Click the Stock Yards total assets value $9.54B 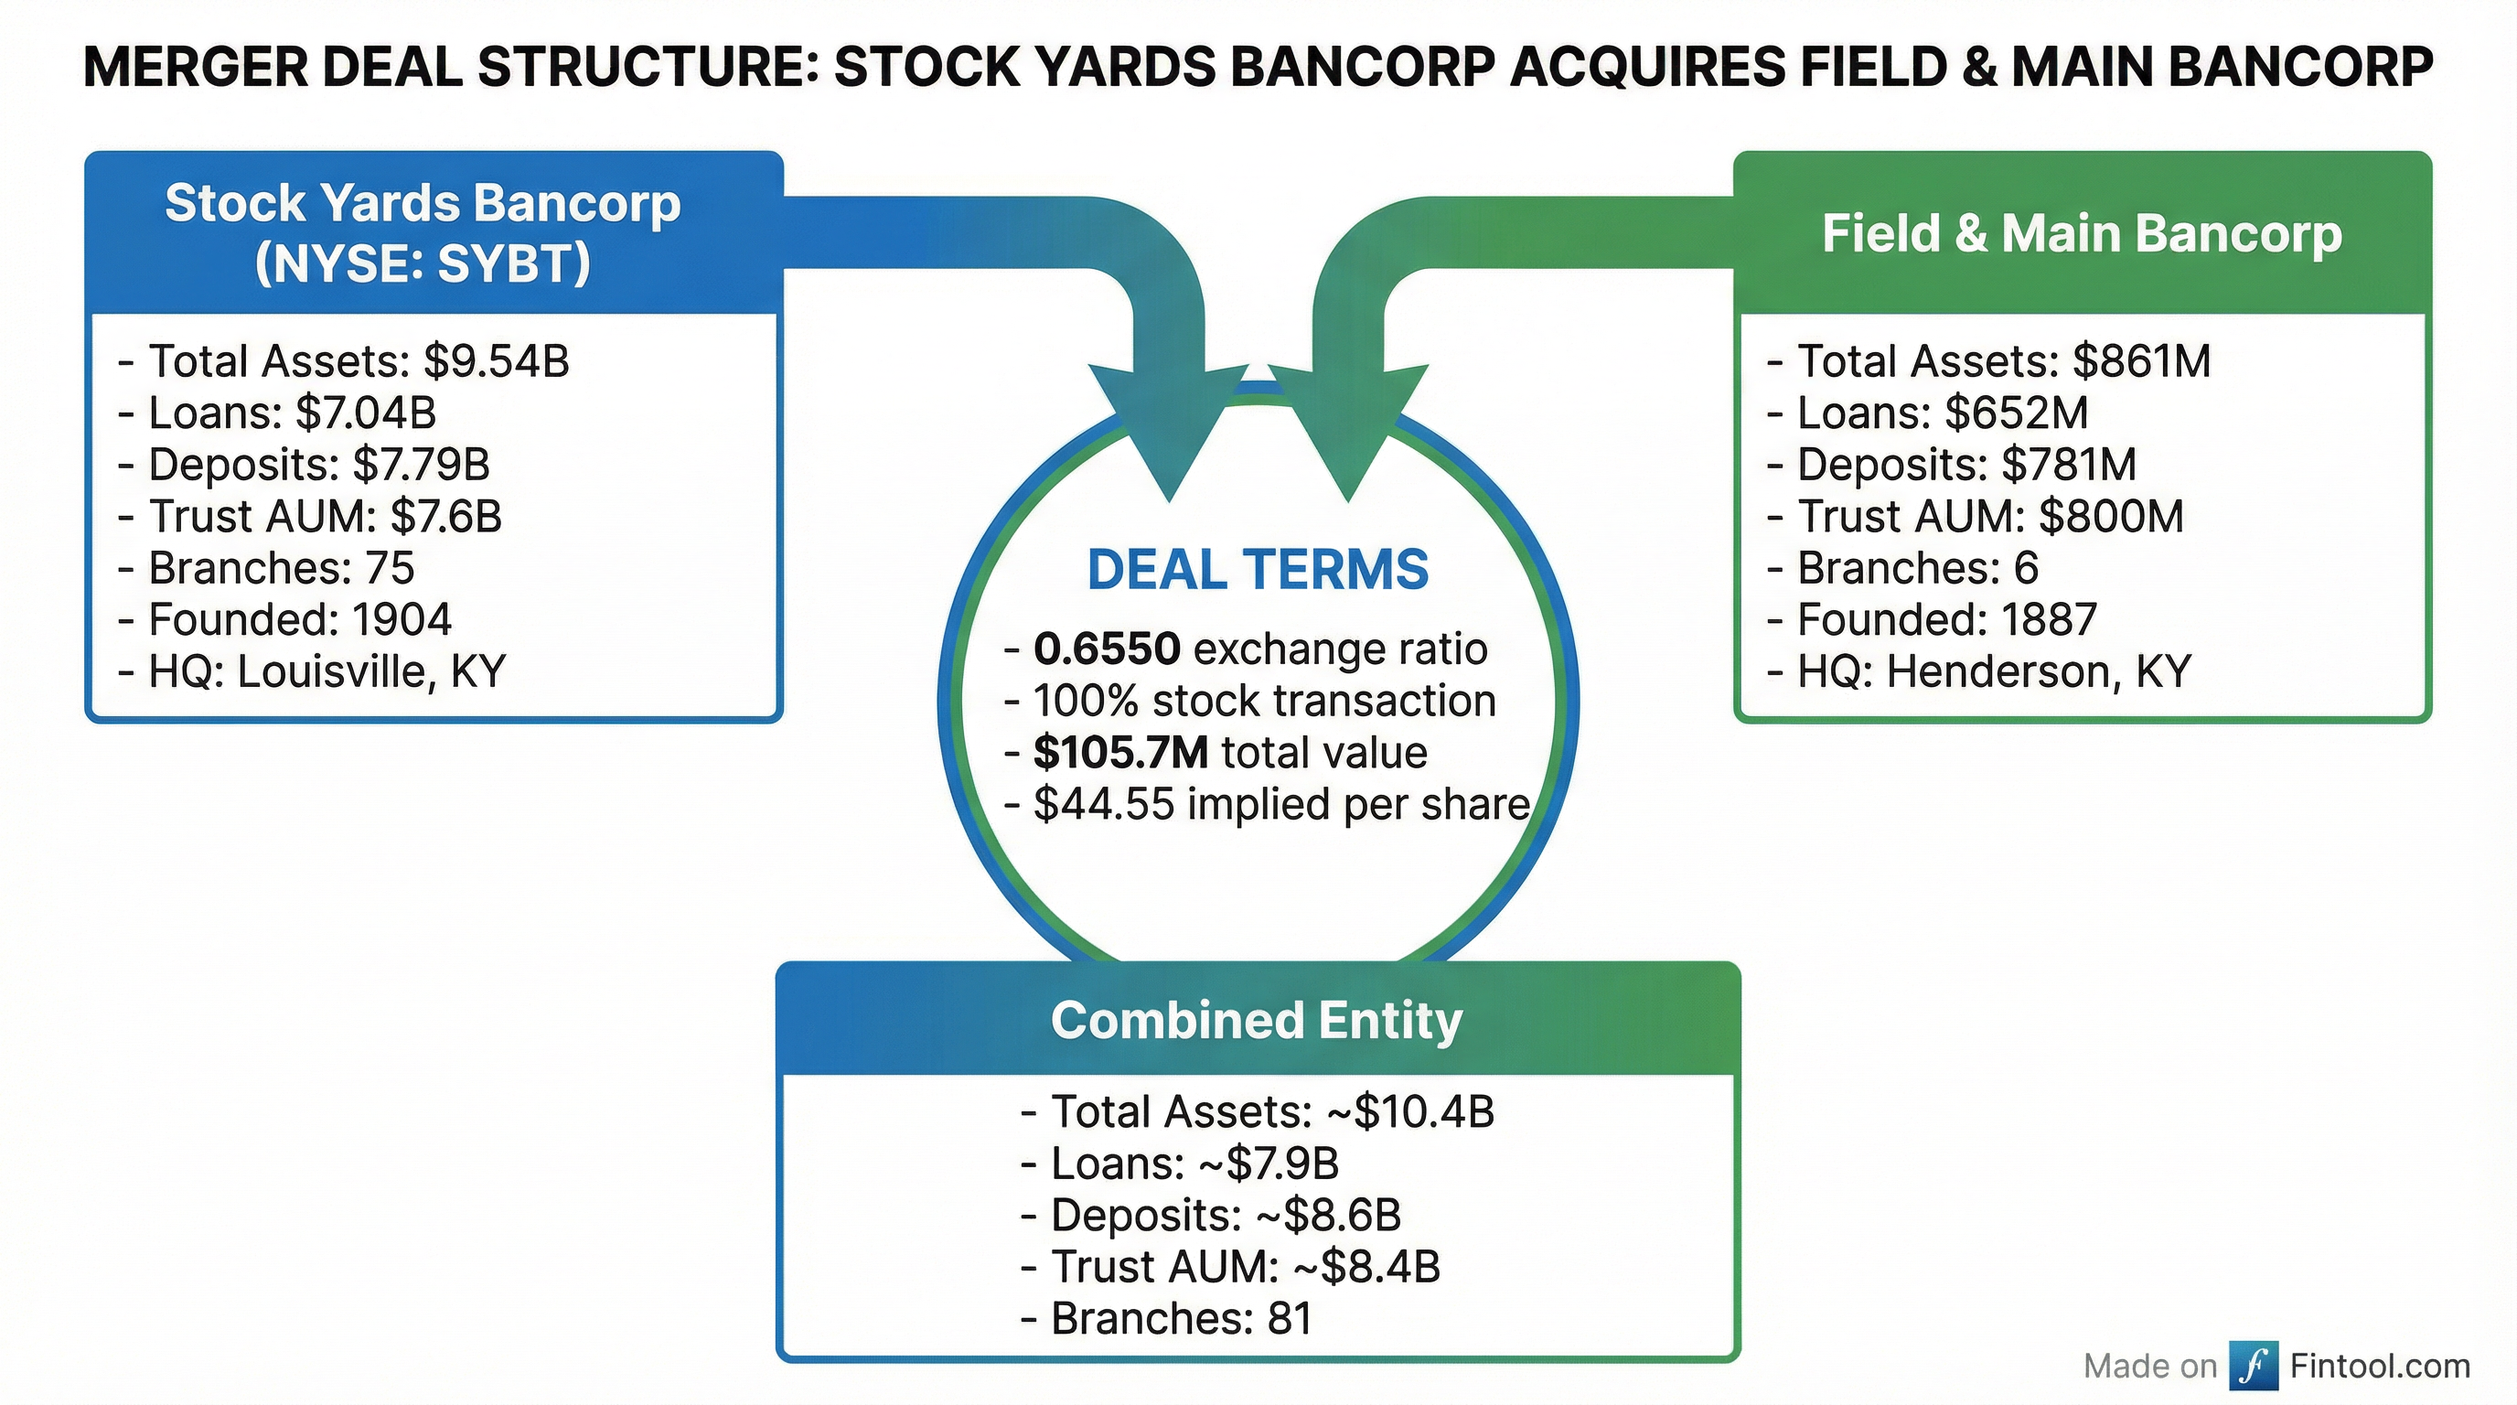496,360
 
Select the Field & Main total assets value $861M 2141,360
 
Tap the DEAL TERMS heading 1258,570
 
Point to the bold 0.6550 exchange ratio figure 1106,649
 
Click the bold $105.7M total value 1119,752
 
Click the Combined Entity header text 1257,1019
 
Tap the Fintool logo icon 2254,1365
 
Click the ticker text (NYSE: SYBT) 423,263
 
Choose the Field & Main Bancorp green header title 2082,234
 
